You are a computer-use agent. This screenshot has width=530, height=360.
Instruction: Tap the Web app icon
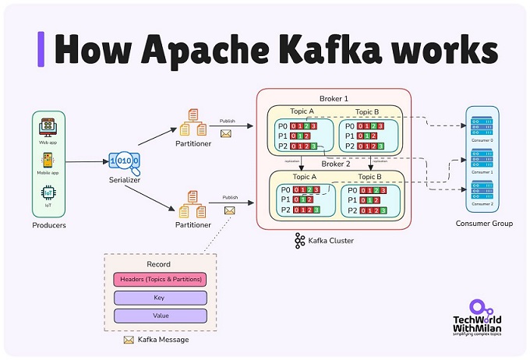pyautogui.click(x=48, y=126)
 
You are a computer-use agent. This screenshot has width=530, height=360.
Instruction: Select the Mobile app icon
pyautogui.click(x=48, y=159)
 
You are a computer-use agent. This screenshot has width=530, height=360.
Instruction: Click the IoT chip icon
pyautogui.click(x=48, y=192)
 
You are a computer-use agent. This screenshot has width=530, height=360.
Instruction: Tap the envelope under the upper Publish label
pyautogui.click(x=227, y=134)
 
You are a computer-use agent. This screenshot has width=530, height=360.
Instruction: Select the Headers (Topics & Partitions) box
pyautogui.click(x=160, y=279)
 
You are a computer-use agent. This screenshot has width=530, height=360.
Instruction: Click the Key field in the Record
pyautogui.click(x=160, y=298)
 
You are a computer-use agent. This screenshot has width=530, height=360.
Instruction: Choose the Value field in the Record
pyautogui.click(x=160, y=316)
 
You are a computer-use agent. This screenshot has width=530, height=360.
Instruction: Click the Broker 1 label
pyautogui.click(x=335, y=96)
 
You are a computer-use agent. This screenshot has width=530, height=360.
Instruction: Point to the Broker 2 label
pyautogui.click(x=337, y=164)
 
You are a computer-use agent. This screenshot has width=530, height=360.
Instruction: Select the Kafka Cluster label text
pyautogui.click(x=331, y=241)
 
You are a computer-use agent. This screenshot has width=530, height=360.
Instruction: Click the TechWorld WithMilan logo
pyautogui.click(x=477, y=321)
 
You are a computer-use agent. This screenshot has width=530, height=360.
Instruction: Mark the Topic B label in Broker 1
pyautogui.click(x=370, y=111)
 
